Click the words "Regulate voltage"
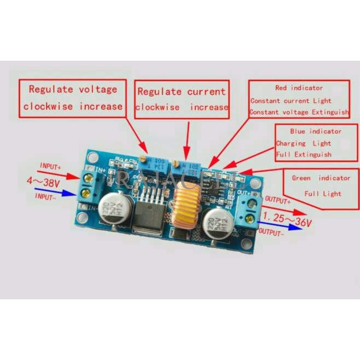point(73,89)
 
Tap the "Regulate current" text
point(181,91)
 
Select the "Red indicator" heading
point(299,88)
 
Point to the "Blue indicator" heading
point(315,131)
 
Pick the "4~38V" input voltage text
point(43,182)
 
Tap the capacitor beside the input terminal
point(119,209)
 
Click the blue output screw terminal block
point(249,211)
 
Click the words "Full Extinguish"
point(304,155)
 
